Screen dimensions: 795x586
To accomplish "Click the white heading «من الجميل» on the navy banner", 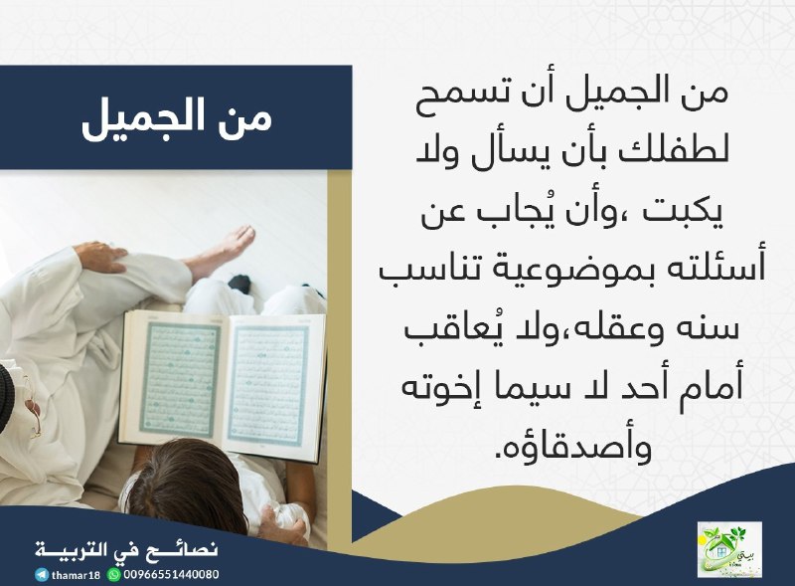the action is click(x=177, y=120).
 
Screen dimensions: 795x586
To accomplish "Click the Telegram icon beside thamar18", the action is click(x=42, y=575).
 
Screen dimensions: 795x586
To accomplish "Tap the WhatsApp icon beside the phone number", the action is click(x=113, y=575).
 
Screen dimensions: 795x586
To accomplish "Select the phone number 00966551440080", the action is click(x=171, y=575).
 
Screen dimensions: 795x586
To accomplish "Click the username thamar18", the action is click(x=77, y=575).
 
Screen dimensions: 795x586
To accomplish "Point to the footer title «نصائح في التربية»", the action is click(x=127, y=550).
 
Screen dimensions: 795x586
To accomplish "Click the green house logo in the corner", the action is click(x=729, y=549).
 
